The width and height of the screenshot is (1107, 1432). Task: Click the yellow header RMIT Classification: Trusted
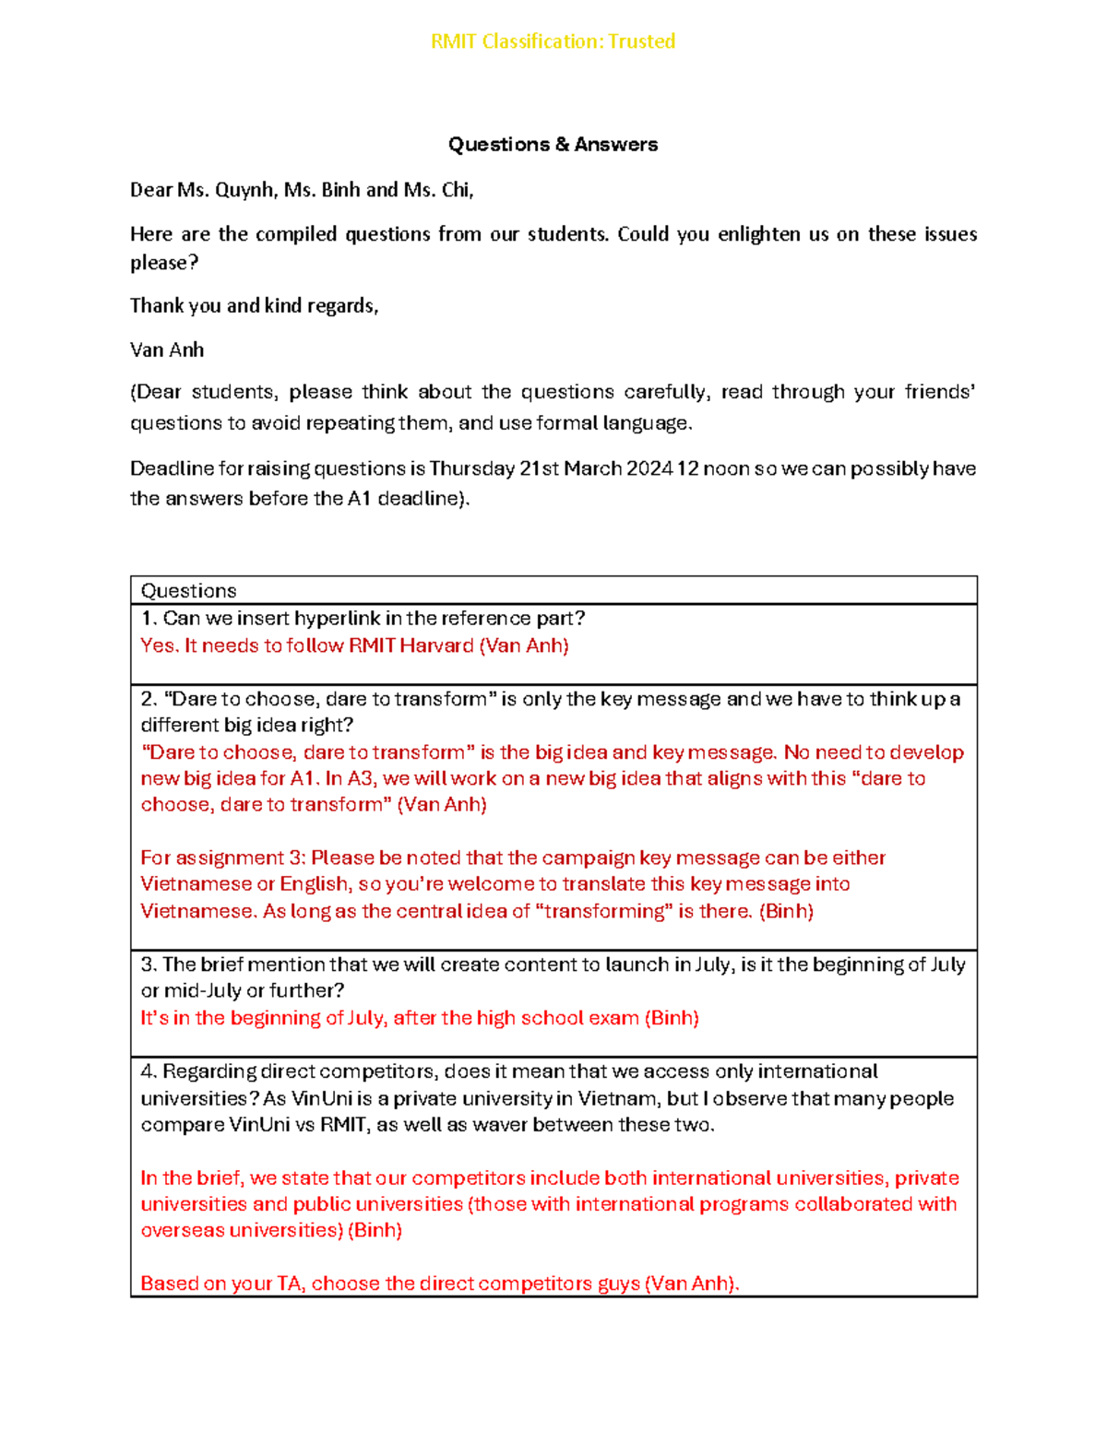(x=553, y=41)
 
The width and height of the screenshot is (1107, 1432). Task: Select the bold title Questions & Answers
(x=553, y=145)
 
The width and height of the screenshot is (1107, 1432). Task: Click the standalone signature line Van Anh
(x=167, y=350)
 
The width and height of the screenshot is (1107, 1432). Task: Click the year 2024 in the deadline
(x=649, y=468)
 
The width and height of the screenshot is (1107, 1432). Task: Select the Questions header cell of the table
(x=189, y=591)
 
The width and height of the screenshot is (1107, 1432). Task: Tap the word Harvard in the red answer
(x=436, y=645)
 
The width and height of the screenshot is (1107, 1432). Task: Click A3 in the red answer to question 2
(x=360, y=778)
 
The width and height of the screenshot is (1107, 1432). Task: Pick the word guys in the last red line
(x=616, y=1284)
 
